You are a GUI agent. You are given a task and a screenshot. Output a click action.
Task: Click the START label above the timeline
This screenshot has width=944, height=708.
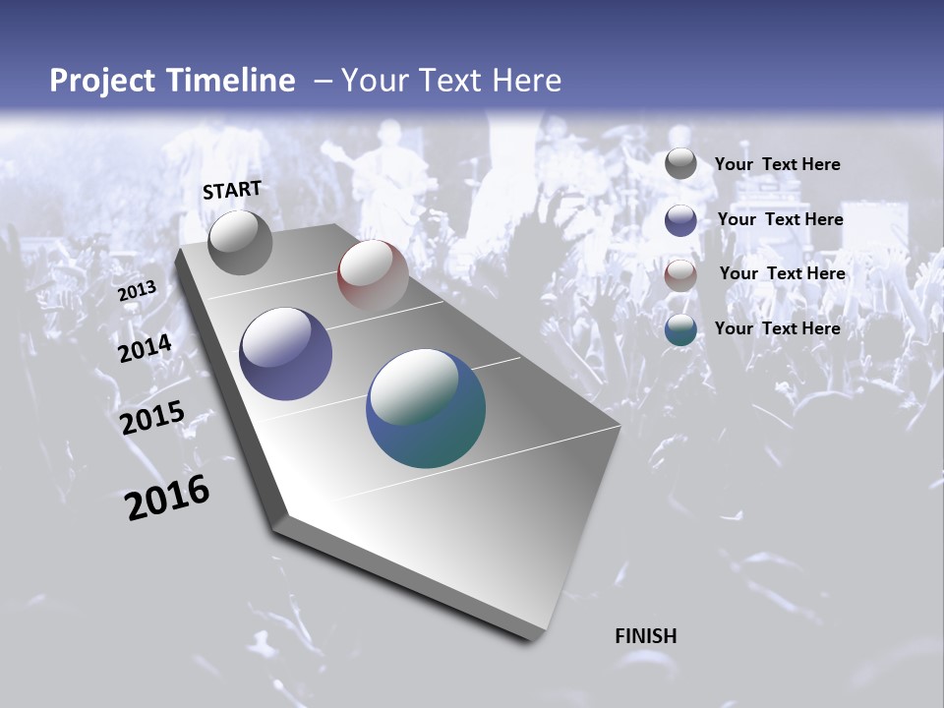[232, 190]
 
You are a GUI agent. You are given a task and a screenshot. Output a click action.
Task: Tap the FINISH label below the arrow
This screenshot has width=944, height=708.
[645, 636]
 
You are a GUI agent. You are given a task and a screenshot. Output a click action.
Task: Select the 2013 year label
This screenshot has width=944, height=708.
[137, 291]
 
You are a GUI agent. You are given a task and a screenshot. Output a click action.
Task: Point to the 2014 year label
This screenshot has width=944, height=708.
[145, 348]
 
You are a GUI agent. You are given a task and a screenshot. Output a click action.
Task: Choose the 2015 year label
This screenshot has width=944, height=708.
[151, 418]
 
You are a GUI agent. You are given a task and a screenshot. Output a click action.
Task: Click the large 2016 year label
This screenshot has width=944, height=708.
[167, 498]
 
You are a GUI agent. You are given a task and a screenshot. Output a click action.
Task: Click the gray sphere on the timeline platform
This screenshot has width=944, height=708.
[240, 242]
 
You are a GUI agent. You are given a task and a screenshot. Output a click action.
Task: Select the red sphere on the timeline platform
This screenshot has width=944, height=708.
[373, 275]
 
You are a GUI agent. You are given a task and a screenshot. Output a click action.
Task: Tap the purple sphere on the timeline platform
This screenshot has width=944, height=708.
[286, 354]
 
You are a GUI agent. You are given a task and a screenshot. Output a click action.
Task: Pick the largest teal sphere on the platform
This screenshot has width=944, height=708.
[426, 408]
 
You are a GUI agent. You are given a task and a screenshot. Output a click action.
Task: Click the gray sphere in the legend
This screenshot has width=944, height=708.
[680, 164]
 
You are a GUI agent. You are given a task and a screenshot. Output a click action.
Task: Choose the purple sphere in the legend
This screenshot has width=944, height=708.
[680, 219]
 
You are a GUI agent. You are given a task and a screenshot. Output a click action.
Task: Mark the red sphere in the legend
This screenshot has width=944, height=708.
[680, 274]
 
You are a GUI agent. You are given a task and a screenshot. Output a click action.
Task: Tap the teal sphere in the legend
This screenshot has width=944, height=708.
[680, 329]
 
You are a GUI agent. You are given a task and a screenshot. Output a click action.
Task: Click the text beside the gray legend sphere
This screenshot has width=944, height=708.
[777, 165]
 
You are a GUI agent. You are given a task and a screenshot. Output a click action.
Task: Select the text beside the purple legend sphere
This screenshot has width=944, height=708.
[780, 219]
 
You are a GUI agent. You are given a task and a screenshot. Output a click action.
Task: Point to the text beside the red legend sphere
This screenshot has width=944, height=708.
[782, 273]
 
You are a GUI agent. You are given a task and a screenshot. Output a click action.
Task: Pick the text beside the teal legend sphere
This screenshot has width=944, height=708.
[777, 328]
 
